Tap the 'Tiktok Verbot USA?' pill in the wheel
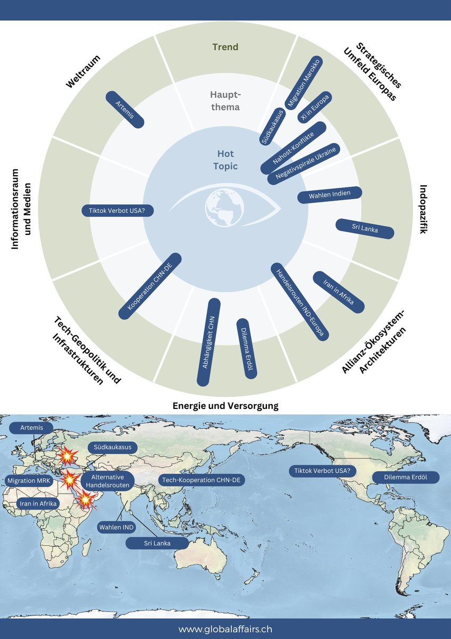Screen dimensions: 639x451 [x=118, y=211]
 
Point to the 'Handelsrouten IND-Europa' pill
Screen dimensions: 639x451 [x=300, y=301]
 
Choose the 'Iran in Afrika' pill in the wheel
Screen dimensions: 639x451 [x=338, y=292]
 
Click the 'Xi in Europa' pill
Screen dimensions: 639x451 [x=314, y=107]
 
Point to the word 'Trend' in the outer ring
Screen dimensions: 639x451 [x=225, y=47]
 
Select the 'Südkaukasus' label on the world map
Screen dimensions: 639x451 [x=112, y=447]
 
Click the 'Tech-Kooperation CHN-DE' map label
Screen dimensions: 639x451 [x=202, y=480]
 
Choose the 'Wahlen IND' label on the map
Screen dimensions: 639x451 [x=116, y=527]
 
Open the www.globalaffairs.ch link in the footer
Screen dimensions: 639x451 [x=225, y=629]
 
